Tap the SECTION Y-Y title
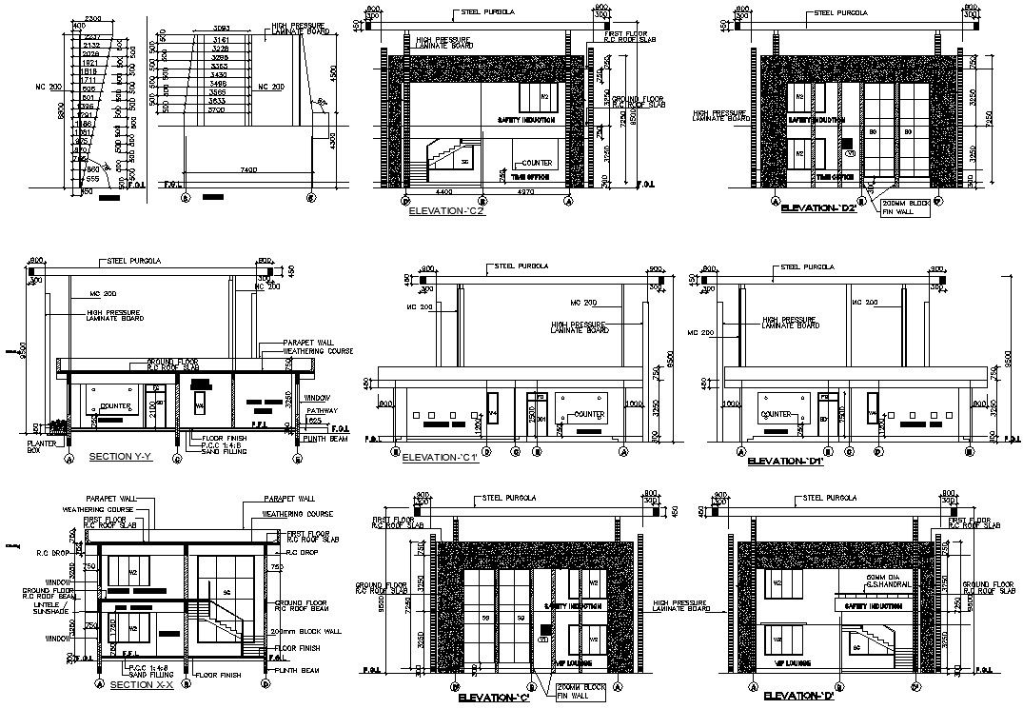pos(121,457)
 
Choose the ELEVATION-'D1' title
pos(785,461)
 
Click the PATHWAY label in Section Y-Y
pos(320,409)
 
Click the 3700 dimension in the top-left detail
pos(217,109)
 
